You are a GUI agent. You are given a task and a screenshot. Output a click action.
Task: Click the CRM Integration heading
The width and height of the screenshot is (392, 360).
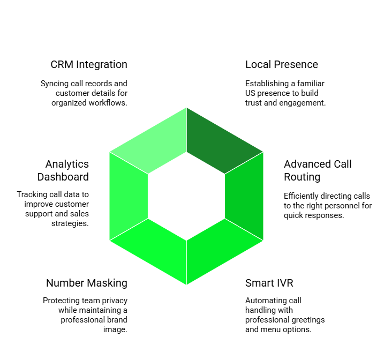(89, 65)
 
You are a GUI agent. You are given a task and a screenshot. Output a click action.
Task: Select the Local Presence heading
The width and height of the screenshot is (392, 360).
(282, 65)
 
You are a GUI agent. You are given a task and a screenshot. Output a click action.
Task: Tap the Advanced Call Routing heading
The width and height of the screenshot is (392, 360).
(318, 170)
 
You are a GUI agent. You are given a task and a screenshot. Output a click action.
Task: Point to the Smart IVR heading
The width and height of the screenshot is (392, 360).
(269, 283)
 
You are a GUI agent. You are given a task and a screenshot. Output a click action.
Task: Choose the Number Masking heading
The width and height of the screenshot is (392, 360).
(87, 283)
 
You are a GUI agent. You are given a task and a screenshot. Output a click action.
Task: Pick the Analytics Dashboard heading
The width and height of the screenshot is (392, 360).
(67, 170)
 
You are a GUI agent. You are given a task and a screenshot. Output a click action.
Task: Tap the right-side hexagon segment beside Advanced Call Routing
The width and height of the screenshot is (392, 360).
(244, 196)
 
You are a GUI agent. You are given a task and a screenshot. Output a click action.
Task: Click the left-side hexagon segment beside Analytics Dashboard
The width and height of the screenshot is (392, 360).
(129, 196)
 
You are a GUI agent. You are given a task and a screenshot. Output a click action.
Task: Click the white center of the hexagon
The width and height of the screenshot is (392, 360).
(186, 196)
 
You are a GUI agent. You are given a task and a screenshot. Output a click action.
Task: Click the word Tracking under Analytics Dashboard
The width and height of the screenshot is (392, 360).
(33, 194)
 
